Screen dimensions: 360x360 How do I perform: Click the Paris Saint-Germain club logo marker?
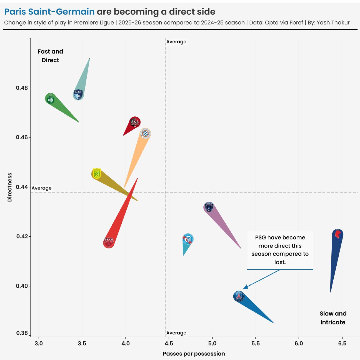(x=239, y=296)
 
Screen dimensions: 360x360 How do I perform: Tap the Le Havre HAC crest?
(x=78, y=94)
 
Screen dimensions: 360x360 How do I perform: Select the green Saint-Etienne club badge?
(x=50, y=99)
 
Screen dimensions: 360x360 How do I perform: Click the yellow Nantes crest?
(x=97, y=174)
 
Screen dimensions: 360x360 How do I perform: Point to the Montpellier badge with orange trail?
(x=145, y=134)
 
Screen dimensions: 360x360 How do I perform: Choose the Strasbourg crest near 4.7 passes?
(x=188, y=239)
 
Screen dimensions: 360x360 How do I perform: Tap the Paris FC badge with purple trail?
(x=209, y=207)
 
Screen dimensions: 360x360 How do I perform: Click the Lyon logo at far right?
(x=338, y=234)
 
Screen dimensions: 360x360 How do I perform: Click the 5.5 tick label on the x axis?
(x=256, y=344)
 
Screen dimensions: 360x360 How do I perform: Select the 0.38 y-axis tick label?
(x=22, y=333)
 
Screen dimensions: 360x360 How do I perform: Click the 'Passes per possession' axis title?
(x=194, y=354)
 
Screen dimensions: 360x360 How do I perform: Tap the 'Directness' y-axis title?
(x=10, y=187)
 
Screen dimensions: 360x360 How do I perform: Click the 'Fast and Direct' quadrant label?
(x=50, y=56)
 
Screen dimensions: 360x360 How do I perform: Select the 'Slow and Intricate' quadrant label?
(x=333, y=318)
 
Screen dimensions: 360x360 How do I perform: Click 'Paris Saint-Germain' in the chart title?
(x=49, y=12)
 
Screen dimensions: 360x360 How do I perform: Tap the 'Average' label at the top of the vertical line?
(x=176, y=42)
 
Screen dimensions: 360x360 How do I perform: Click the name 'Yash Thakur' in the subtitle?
(x=333, y=23)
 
